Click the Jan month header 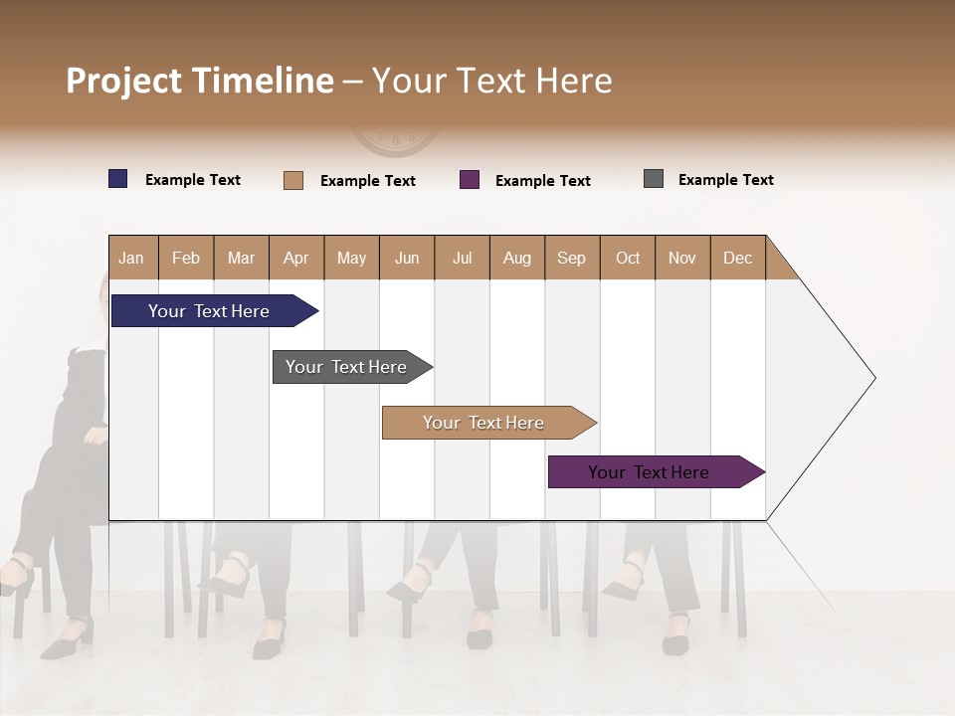pos(131,258)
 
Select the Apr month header pos(295,258)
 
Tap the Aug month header pos(516,258)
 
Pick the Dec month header pos(737,258)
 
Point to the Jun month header pos(406,258)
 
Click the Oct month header pos(627,258)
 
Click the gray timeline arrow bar pos(348,367)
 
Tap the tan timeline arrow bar pos(485,423)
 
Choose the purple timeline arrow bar pos(652,472)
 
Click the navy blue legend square pos(117,179)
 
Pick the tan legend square pos(292,180)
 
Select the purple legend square pos(470,180)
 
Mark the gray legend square pos(653,179)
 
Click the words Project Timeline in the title pos(200,81)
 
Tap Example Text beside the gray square pos(725,180)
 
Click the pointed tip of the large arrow pos(872,378)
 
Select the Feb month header pos(186,258)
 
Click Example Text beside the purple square pos(542,181)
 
